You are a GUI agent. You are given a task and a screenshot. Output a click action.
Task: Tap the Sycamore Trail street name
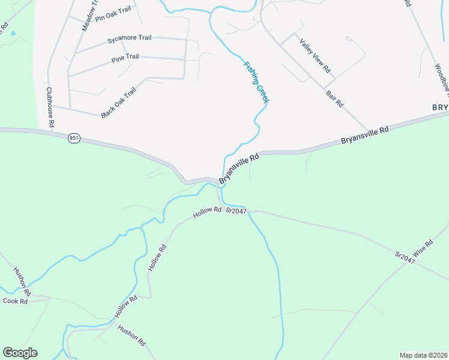click(x=129, y=38)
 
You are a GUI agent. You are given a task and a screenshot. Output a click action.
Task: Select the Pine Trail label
click(x=125, y=58)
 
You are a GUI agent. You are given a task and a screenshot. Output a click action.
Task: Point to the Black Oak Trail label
click(x=119, y=102)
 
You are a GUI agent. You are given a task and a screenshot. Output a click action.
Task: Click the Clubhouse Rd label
click(x=50, y=107)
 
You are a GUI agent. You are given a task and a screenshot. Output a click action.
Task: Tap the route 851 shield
click(x=74, y=138)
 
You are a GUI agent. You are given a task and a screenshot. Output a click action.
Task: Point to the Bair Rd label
click(x=334, y=98)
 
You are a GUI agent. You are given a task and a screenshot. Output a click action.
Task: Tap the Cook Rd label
click(x=16, y=301)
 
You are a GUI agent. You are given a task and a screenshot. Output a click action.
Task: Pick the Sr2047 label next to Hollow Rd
click(x=237, y=211)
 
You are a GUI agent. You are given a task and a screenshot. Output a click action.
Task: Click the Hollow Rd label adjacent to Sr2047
click(x=208, y=212)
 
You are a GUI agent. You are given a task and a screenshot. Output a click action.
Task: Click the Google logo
click(x=20, y=353)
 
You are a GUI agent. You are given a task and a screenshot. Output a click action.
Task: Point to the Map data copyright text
click(x=423, y=355)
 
